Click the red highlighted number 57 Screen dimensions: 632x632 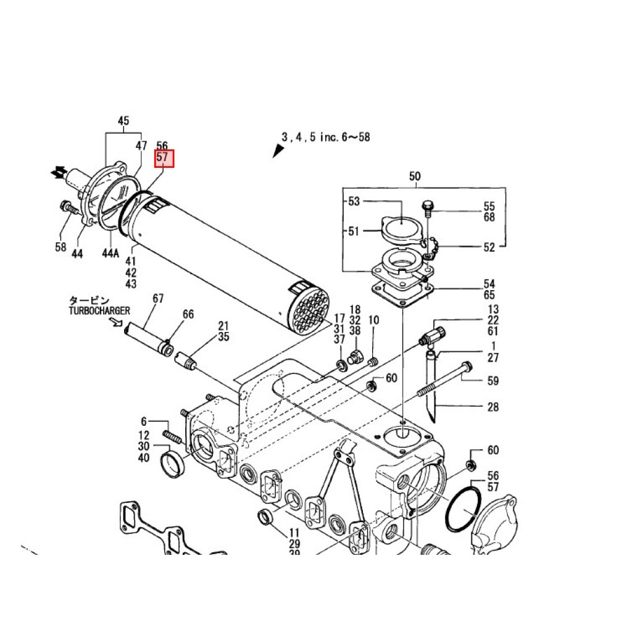pos(164,158)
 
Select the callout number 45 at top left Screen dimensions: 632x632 pos(123,121)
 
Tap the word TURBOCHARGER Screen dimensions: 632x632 pos(99,310)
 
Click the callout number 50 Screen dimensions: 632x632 pos(415,177)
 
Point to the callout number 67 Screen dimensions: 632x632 pos(158,299)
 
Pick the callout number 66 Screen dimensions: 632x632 pos(188,314)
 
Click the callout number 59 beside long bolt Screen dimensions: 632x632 pos(493,381)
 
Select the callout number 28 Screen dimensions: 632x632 pos(493,407)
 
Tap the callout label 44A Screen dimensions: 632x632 pos(110,254)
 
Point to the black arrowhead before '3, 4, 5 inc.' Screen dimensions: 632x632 pos(276,151)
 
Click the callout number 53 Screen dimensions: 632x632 pos(354,201)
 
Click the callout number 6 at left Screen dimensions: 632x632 pos(144,422)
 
